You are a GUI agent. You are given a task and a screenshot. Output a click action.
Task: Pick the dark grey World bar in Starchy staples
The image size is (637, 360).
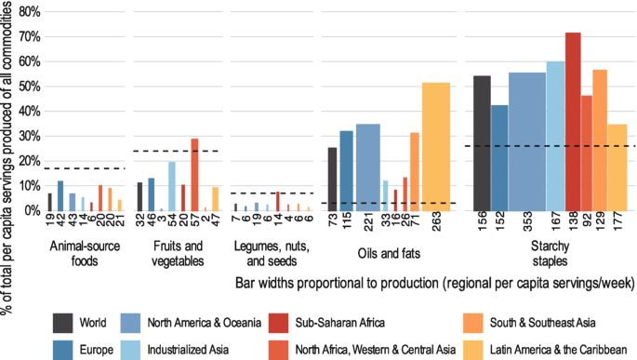(x=482, y=143)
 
